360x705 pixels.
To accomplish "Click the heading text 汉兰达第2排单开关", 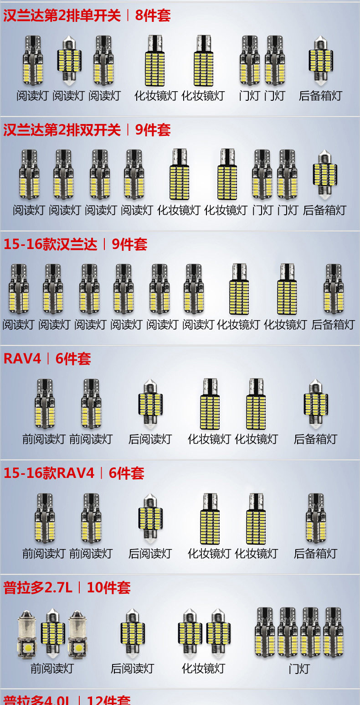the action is (x=62, y=16).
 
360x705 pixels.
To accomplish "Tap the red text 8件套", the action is (x=153, y=16).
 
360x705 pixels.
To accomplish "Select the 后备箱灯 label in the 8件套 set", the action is (x=320, y=96).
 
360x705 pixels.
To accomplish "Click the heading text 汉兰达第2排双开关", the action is (x=62, y=130).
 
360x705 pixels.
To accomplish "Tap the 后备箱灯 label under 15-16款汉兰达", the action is (x=333, y=325).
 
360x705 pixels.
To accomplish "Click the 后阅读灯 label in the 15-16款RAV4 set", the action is (x=150, y=554).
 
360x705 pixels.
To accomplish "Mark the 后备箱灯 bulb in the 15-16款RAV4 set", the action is (x=315, y=518).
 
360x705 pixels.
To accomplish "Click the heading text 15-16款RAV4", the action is (x=49, y=473).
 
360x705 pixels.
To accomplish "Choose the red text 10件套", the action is (x=108, y=588).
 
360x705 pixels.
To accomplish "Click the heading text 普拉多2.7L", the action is (x=38, y=588).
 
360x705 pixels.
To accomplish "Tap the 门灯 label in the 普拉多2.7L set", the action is (x=299, y=669).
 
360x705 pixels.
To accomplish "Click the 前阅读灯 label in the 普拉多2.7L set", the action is (x=52, y=669).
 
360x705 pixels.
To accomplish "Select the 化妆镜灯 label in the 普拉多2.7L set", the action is (x=203, y=669).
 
